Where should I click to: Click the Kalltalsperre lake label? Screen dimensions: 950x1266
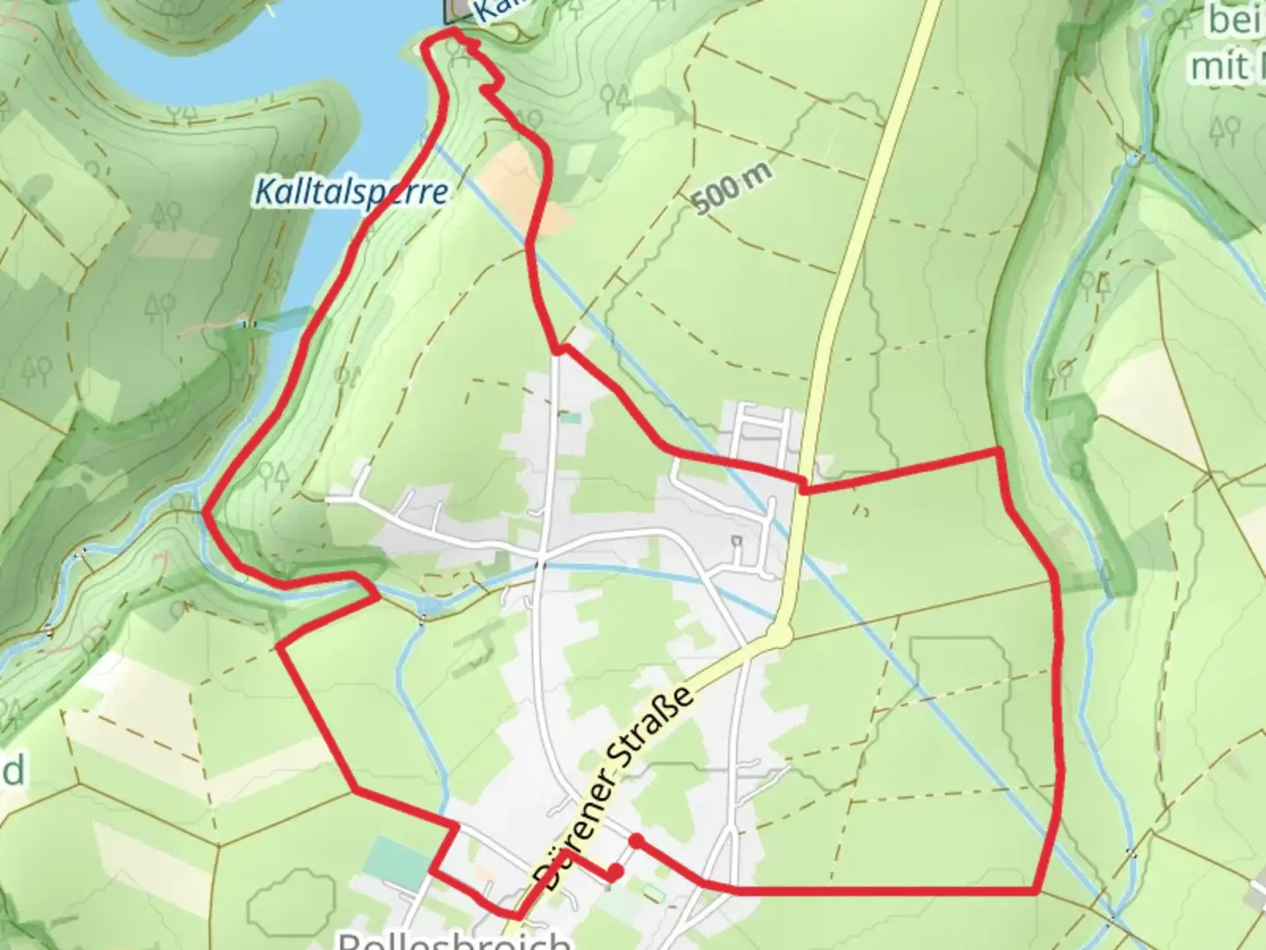click(351, 191)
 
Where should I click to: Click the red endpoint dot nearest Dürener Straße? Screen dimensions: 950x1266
click(615, 872)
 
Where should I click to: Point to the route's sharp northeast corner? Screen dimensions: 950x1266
click(998, 451)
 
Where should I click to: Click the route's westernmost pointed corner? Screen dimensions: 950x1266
click(205, 510)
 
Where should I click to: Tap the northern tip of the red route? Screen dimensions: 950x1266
click(452, 32)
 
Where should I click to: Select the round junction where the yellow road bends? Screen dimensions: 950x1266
click(780, 635)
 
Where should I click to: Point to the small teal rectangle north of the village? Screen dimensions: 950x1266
click(571, 418)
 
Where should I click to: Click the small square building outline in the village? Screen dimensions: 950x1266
click(737, 541)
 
